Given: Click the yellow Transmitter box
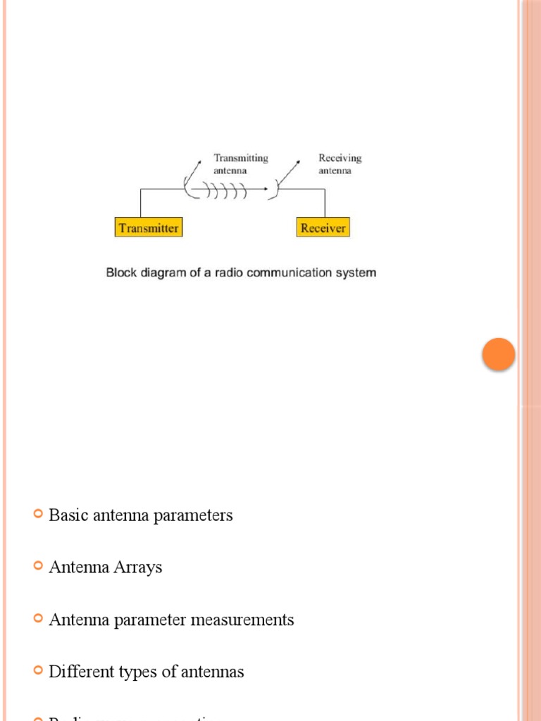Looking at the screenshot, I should [x=149, y=227].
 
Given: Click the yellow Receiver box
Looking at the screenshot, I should [x=323, y=227].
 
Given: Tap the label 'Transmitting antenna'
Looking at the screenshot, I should [x=241, y=164].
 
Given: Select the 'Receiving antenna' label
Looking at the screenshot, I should [x=340, y=164].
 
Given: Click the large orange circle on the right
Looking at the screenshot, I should [x=499, y=354].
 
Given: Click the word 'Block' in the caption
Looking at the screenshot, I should [x=120, y=272].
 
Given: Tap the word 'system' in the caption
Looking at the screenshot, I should [x=357, y=272].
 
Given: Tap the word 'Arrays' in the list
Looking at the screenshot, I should [x=138, y=568].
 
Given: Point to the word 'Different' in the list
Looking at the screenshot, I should [x=79, y=672].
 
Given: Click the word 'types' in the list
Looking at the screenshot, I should [x=136, y=672].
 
